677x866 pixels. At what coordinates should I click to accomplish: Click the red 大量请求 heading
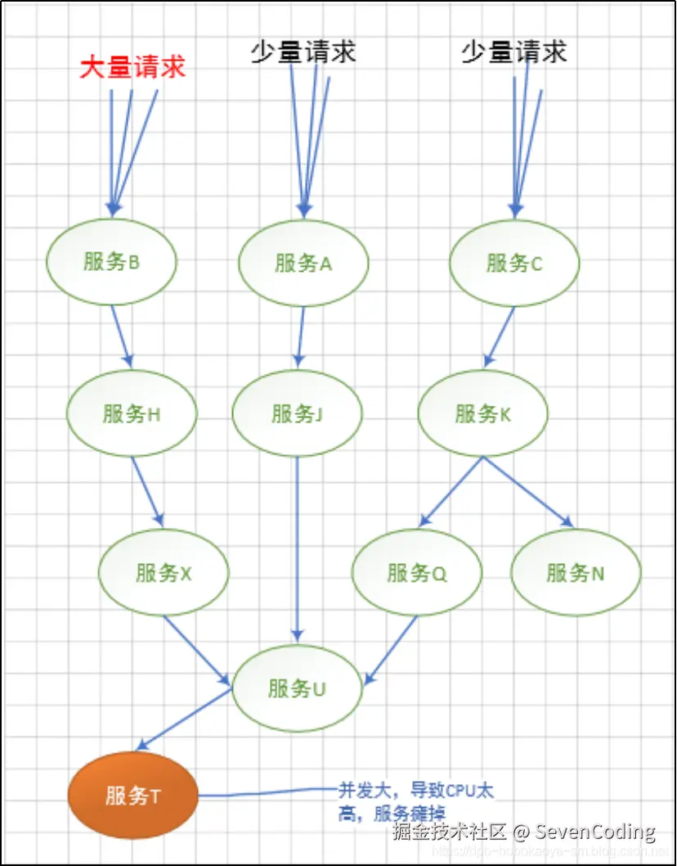pyautogui.click(x=132, y=67)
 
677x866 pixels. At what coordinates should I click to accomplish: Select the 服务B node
pyautogui.click(x=111, y=263)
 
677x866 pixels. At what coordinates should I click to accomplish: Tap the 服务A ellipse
pyautogui.click(x=303, y=264)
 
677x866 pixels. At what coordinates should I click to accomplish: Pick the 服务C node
pyautogui.click(x=514, y=264)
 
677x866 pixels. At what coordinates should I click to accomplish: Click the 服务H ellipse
pyautogui.click(x=132, y=413)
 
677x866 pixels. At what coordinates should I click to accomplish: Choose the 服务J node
pyautogui.click(x=298, y=413)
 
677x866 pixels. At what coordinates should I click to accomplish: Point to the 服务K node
pyautogui.click(x=482, y=413)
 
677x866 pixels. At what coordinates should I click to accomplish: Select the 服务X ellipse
pyautogui.click(x=164, y=573)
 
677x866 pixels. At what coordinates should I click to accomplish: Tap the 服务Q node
pyautogui.click(x=417, y=573)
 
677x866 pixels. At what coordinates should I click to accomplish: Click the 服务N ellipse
pyautogui.click(x=576, y=573)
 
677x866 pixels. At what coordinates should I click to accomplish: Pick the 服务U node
pyautogui.click(x=297, y=688)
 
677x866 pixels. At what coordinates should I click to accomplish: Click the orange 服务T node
pyautogui.click(x=132, y=795)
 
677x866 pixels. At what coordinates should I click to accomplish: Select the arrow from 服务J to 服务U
pyautogui.click(x=298, y=548)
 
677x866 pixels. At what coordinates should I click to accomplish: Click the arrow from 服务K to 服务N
pyautogui.click(x=527, y=491)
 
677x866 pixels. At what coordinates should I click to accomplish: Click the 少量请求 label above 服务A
pyautogui.click(x=303, y=52)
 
